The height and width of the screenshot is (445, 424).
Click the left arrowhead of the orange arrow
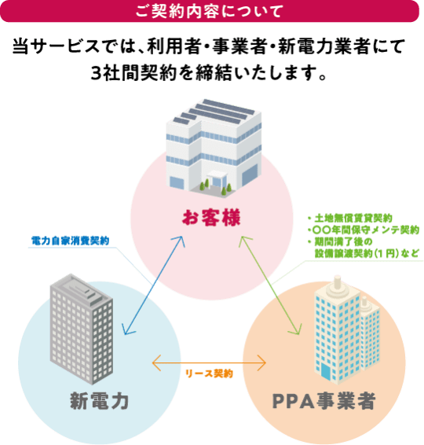pyautogui.click(x=154, y=363)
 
